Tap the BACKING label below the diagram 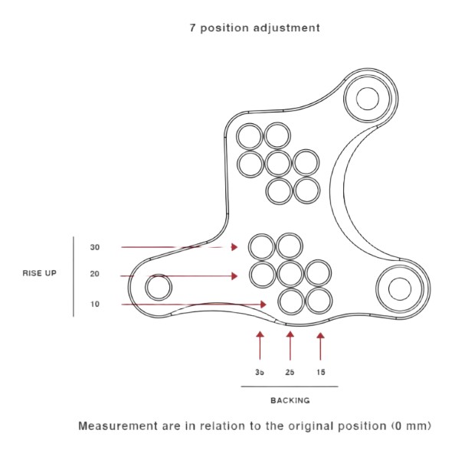point(290,400)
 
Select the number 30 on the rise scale point(95,247)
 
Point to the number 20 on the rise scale point(95,274)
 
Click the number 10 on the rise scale point(95,305)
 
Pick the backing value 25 point(290,373)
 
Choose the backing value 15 point(321,373)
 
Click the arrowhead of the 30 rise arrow point(234,247)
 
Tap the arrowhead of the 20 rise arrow point(234,276)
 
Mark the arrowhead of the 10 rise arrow point(264,305)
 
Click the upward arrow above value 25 point(290,346)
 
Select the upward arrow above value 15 point(320,347)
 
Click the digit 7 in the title point(192,28)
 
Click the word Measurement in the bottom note point(118,426)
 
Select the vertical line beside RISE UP point(74,276)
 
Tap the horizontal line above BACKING point(290,386)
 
